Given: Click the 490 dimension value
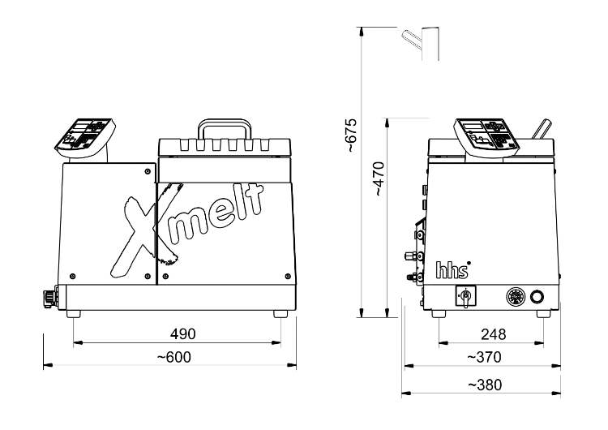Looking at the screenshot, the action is coord(182,333).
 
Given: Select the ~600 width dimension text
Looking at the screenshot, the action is coord(174,357).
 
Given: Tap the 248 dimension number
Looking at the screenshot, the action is coord(493,334).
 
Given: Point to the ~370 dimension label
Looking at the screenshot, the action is coord(484,357).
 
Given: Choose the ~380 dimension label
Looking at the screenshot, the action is coord(485,385).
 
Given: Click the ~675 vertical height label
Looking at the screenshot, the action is coord(350,135).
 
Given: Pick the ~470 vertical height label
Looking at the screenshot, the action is coord(379,179).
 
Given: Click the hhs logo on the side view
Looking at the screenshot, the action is coord(453,269).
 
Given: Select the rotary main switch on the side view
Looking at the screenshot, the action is coord(465,297).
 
